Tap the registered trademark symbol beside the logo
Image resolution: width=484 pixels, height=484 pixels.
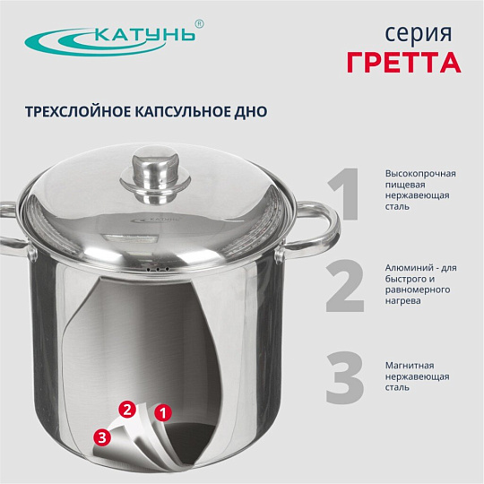tap(200, 24)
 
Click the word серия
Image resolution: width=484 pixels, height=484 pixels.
tap(419, 34)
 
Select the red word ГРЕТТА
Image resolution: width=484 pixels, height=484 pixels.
tap(403, 63)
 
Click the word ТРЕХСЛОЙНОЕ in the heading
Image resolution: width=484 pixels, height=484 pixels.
tap(78, 112)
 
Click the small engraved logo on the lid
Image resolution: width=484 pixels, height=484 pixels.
tap(155, 220)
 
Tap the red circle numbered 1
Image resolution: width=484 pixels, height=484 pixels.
tap(163, 412)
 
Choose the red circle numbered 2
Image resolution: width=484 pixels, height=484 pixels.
tap(127, 410)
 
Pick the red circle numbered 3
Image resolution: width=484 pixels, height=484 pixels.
tap(102, 437)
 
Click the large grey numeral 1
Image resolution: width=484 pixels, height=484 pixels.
tap(343, 194)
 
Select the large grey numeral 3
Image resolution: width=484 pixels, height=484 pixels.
tap(345, 377)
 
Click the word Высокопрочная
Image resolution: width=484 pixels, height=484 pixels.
tap(420, 174)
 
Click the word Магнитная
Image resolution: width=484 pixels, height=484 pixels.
tap(410, 366)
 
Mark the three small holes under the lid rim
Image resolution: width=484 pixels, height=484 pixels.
tap(158, 270)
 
